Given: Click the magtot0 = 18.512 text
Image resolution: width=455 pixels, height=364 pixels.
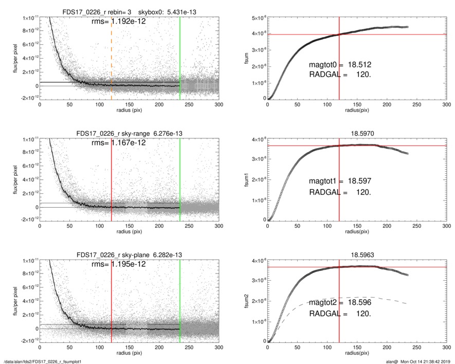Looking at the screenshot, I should point(340,65).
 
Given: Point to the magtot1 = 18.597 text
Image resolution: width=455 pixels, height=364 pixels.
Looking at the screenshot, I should point(340,181).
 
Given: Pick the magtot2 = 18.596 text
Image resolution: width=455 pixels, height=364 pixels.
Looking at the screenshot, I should point(340,303).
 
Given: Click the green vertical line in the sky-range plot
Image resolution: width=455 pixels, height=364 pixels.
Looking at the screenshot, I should point(180,180).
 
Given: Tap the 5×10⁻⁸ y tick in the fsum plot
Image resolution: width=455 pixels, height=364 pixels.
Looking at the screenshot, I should point(257,19).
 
